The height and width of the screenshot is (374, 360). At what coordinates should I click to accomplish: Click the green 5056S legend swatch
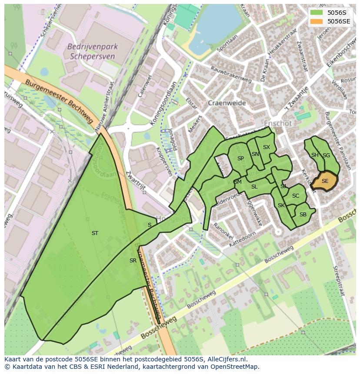(317, 13)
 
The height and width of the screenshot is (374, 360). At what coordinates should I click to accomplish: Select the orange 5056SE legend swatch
(317, 21)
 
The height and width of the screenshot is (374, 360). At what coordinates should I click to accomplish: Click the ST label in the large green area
(95, 233)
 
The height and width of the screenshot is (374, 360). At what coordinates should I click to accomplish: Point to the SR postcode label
(133, 261)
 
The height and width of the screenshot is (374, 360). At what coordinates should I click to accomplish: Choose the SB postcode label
(303, 215)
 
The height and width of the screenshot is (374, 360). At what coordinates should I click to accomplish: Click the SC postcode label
(296, 196)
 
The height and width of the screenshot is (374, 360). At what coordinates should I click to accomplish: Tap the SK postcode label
(281, 205)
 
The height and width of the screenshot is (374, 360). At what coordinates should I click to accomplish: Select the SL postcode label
(254, 187)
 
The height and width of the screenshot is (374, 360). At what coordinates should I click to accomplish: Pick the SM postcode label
(237, 182)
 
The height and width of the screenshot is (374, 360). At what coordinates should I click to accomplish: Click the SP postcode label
(240, 159)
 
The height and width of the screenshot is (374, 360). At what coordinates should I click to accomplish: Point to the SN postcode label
(255, 154)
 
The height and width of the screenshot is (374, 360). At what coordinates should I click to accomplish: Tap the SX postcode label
(267, 147)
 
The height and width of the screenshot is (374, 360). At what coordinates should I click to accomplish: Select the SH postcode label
(315, 155)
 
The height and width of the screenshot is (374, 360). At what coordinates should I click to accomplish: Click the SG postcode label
(326, 156)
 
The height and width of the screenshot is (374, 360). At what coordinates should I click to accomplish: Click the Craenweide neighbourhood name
(227, 103)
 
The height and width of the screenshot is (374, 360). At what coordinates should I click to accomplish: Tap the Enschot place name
(278, 123)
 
